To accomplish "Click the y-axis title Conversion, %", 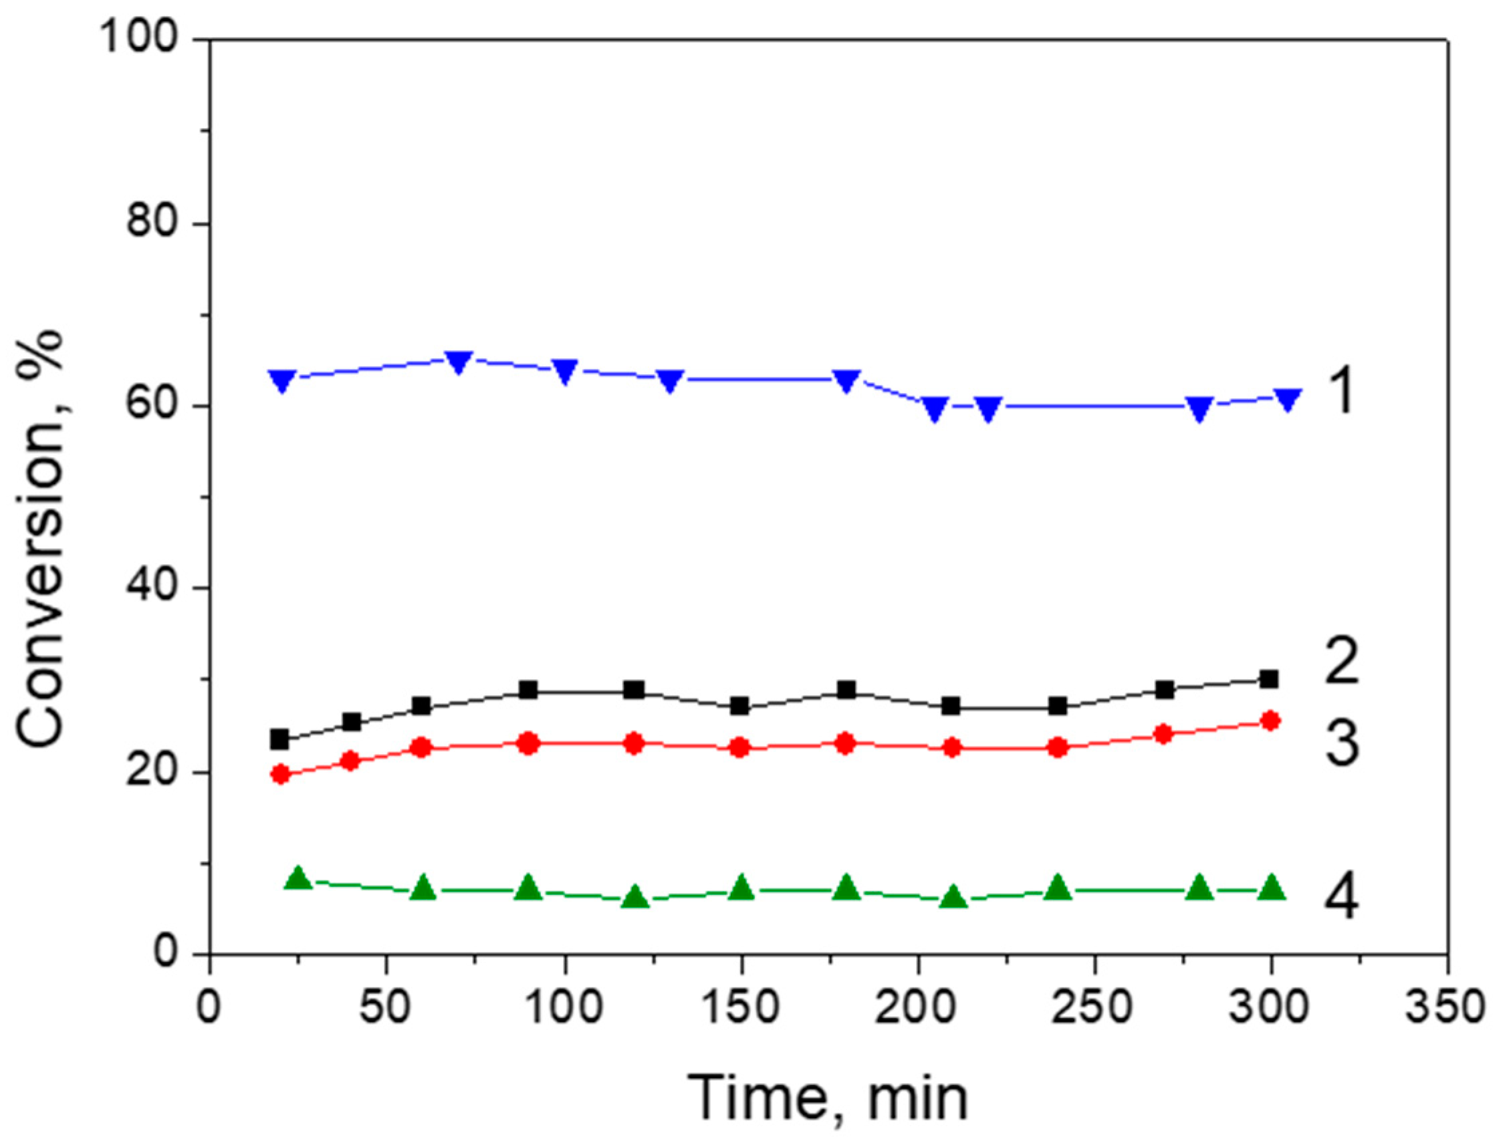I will pos(41,539).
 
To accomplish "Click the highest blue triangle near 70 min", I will pos(459,361).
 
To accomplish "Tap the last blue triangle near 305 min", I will pos(1288,399).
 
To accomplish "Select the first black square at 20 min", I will pos(279,739).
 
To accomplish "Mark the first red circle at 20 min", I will pos(279,773).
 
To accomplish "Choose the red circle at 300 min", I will pos(1270,721).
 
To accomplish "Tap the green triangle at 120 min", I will pos(635,898).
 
